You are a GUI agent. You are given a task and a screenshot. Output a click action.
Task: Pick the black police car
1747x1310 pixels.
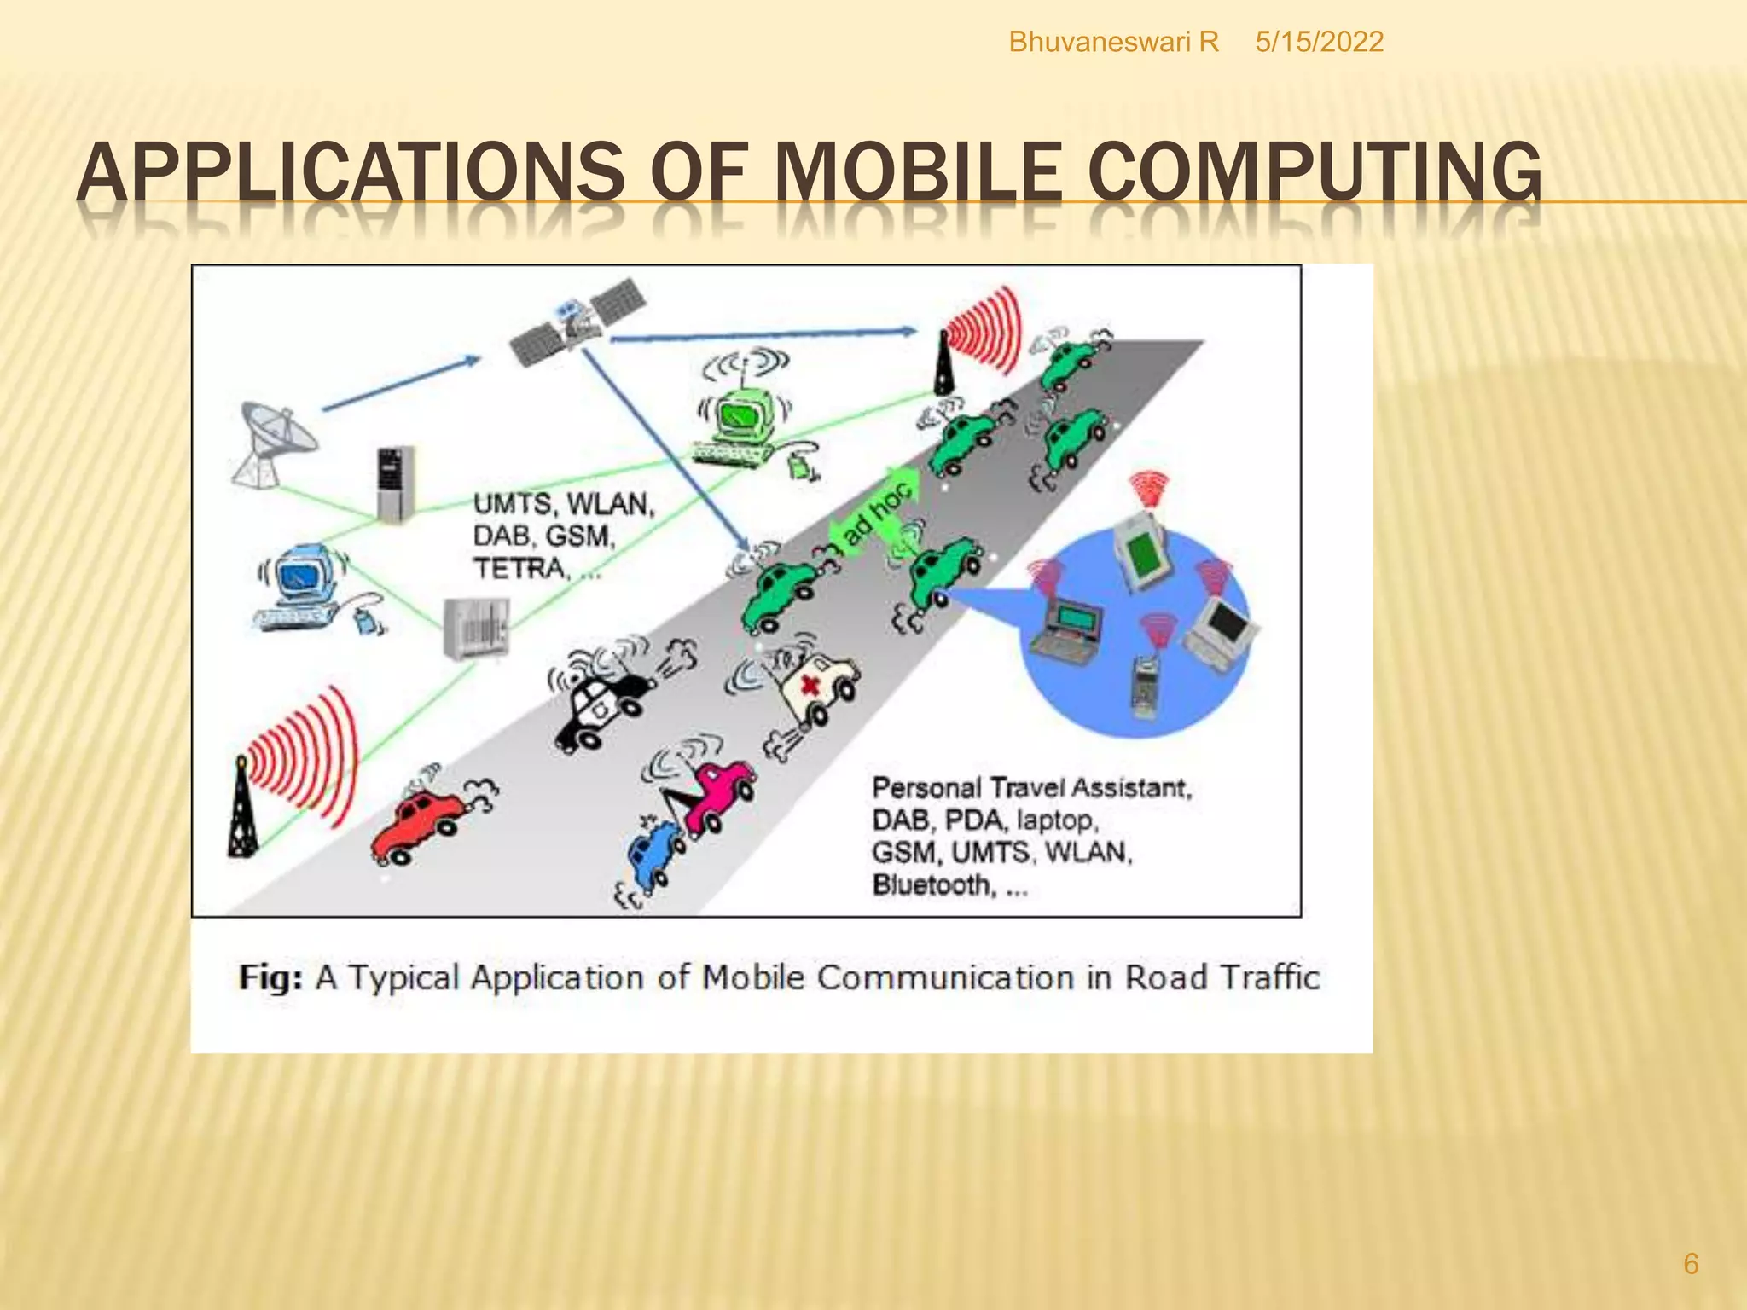click(601, 699)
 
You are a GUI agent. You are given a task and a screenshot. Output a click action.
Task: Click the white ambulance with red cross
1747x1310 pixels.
click(810, 682)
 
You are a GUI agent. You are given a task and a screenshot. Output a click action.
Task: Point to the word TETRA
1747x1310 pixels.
click(520, 568)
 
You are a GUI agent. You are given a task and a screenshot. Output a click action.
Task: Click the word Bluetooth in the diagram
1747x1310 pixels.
click(930, 885)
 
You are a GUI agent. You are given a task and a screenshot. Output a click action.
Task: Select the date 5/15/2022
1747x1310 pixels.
click(1319, 42)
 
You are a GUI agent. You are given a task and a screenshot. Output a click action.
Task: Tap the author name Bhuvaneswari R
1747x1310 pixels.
click(1113, 42)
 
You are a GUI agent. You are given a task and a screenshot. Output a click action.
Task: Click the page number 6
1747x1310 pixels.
click(1690, 1263)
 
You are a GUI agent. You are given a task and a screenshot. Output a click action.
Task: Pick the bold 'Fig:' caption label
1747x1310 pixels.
click(270, 977)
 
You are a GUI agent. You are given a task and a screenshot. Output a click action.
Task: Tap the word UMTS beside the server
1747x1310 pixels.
click(508, 503)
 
